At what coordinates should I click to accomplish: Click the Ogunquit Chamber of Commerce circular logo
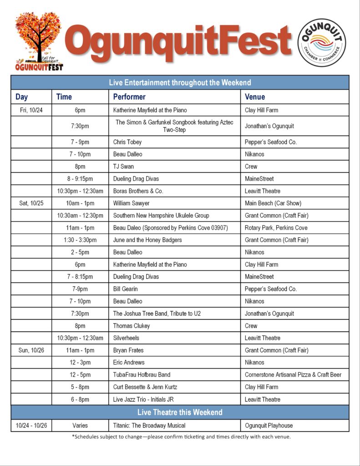[321, 42]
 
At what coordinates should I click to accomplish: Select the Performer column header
[129, 96]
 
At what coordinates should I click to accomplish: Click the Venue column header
[255, 96]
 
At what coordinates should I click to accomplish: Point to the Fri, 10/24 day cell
[31, 110]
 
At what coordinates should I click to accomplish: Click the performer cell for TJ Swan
[123, 167]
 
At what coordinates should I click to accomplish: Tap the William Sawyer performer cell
[131, 203]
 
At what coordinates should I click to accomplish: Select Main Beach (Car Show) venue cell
[273, 203]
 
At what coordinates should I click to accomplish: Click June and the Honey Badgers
[147, 240]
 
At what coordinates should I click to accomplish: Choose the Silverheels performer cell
[126, 338]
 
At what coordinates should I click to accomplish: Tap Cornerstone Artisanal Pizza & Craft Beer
[293, 375]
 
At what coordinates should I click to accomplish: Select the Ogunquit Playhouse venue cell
[269, 425]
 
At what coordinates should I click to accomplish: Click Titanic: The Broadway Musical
[149, 425]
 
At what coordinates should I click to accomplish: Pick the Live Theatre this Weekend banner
[180, 412]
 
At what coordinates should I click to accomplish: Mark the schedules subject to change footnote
[181, 437]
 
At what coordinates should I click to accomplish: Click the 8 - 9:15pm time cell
[80, 179]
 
